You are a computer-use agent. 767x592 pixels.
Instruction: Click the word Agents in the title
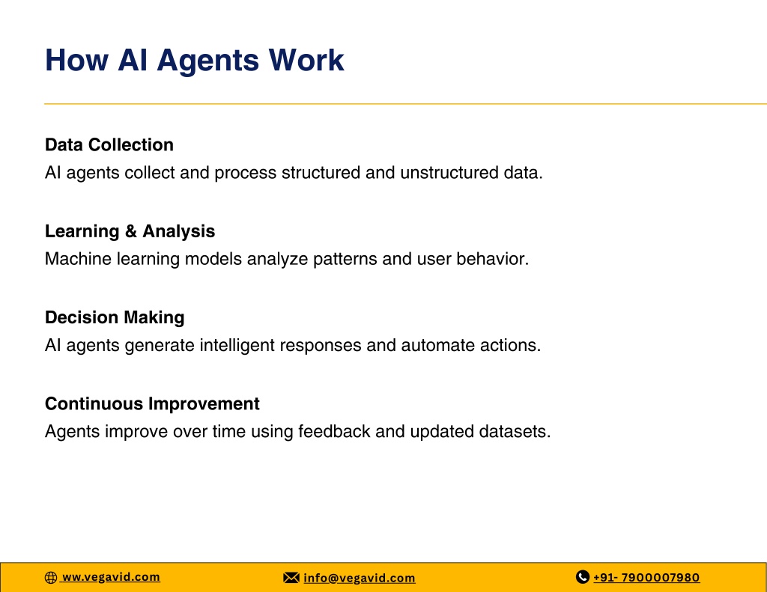tap(208, 62)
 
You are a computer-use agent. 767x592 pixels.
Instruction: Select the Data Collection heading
tap(109, 144)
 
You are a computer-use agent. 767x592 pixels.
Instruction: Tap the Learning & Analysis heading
tap(130, 232)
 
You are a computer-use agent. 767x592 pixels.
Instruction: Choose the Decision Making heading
tap(115, 318)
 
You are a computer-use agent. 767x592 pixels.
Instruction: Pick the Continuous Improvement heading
tap(152, 404)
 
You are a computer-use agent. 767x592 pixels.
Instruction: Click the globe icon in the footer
tap(51, 578)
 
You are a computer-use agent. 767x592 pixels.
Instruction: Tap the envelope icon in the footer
tap(291, 578)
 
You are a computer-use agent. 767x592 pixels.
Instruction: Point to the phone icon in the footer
tap(583, 577)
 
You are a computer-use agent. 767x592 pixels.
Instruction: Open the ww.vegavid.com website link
tap(111, 577)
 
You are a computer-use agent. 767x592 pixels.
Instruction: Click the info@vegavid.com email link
tap(360, 579)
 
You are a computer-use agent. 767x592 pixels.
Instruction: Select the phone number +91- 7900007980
tap(646, 577)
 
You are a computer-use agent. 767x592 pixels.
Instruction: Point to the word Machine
tap(78, 259)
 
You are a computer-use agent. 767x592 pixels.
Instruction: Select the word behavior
tap(493, 259)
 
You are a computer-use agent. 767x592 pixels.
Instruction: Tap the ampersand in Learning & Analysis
tap(130, 231)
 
